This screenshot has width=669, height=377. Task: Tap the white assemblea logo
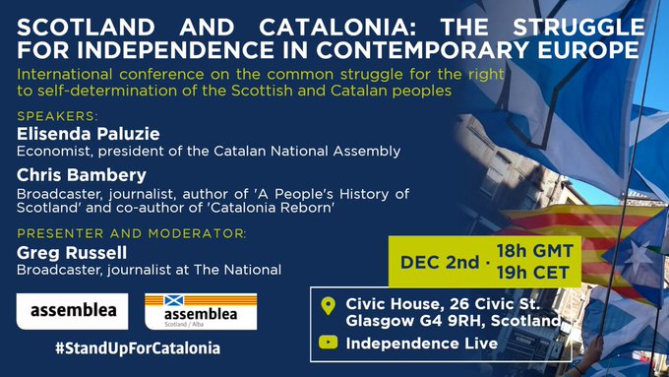(x=72, y=310)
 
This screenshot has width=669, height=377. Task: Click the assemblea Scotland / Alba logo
(x=200, y=311)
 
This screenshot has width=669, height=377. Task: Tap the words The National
(x=245, y=269)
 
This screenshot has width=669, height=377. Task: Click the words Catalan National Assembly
(x=320, y=151)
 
